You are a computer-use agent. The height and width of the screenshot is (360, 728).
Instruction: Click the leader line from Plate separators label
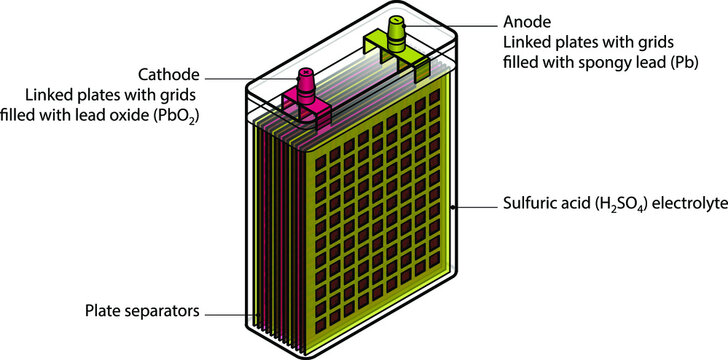[x=235, y=314]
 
